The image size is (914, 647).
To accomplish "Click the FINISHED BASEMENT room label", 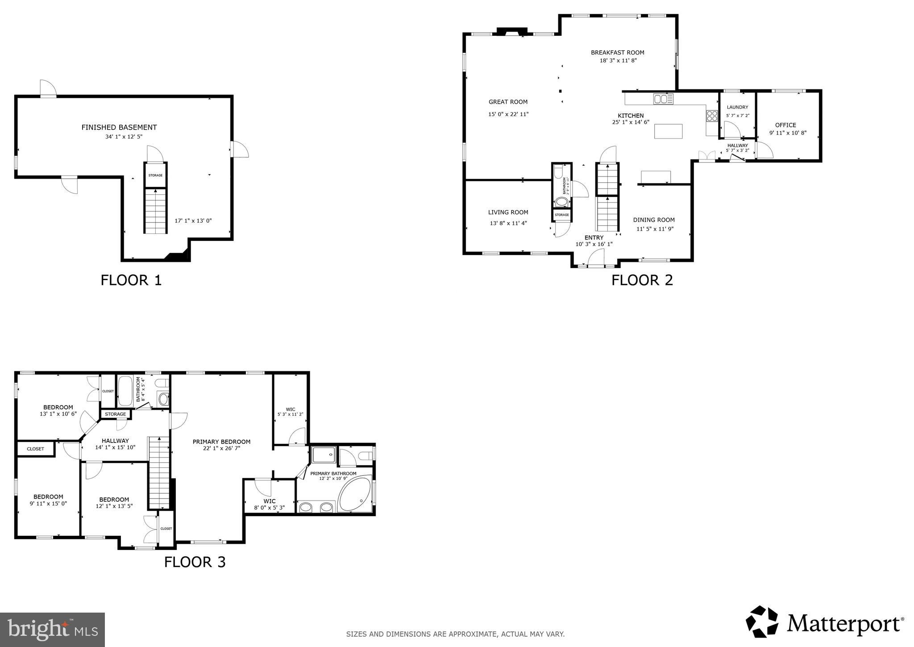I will point(119,127).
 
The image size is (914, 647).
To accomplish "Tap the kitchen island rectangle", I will point(668,131).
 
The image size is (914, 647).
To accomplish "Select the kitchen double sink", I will point(663,99).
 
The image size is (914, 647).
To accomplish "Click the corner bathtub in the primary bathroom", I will point(355,495).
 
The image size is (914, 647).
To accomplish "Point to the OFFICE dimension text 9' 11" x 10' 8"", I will point(788,133).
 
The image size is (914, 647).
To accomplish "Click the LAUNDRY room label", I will point(737,107).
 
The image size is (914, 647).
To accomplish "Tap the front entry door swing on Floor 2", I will point(596,258).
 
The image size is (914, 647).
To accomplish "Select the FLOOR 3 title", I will point(195,562).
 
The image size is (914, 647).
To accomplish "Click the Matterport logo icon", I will point(762,622).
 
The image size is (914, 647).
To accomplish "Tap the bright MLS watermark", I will point(53,630).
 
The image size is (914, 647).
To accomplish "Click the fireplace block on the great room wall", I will point(512,31).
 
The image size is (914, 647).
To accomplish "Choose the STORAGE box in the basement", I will point(155,175).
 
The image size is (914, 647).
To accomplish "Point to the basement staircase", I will point(155,211).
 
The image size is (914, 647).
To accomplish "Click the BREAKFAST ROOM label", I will point(617,52).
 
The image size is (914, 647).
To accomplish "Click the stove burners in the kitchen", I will point(712,116).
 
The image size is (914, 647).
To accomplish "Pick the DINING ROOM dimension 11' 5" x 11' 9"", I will point(654,229).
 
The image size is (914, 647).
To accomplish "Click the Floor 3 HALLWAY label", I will point(115,441).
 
